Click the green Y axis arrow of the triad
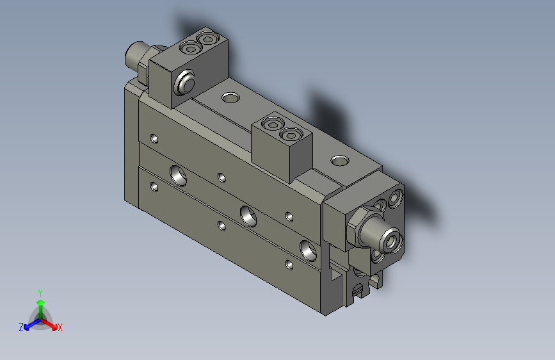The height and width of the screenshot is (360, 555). pyautogui.click(x=40, y=297)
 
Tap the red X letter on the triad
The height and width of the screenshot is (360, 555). pyautogui.click(x=60, y=328)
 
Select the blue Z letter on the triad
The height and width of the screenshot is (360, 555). pyautogui.click(x=21, y=327)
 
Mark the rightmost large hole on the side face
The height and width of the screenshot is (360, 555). pyautogui.click(x=308, y=249)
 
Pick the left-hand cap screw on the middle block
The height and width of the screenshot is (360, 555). pyautogui.click(x=273, y=124)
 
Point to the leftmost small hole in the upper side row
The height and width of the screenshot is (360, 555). pyautogui.click(x=154, y=138)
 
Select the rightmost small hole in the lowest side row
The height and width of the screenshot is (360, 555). pyautogui.click(x=290, y=264)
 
